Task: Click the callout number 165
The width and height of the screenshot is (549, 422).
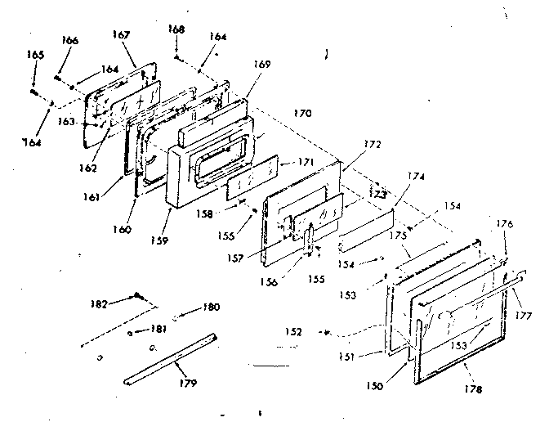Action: coord(35,55)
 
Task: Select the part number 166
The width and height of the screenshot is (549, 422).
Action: coord(70,40)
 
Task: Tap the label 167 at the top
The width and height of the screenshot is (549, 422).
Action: coord(121,35)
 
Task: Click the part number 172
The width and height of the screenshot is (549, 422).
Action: coord(372,144)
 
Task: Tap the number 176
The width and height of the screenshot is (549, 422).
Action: coord(504,223)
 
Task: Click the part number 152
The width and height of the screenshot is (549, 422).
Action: coord(293,333)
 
